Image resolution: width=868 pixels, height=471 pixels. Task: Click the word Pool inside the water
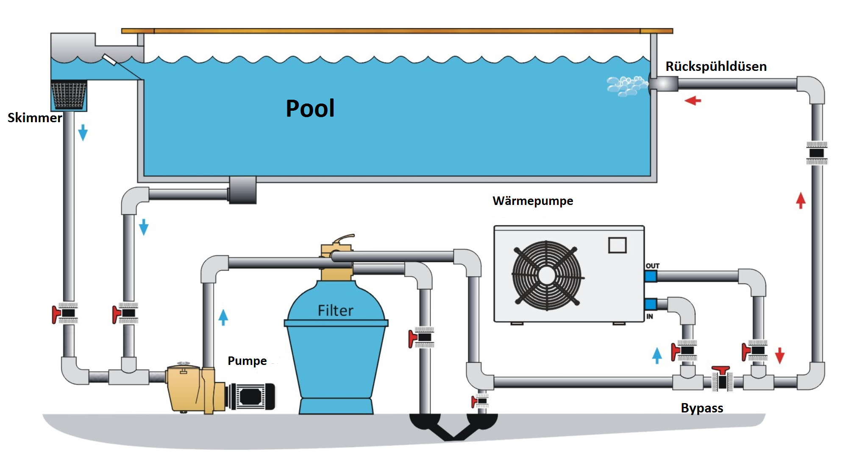tap(310, 108)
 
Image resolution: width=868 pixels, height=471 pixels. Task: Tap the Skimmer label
tap(35, 118)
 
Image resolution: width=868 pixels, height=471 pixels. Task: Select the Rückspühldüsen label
tap(716, 66)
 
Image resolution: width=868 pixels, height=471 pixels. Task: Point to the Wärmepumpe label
tap(533, 201)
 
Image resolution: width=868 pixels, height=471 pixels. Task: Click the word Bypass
tap(702, 408)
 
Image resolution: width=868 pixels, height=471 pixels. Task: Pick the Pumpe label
tap(247, 361)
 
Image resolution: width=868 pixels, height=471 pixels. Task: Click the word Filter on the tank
tap(335, 311)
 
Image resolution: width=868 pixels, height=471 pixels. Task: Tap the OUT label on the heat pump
tap(653, 266)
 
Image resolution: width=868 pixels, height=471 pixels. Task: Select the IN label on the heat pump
tap(650, 317)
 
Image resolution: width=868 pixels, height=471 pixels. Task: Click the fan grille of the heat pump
tap(547, 275)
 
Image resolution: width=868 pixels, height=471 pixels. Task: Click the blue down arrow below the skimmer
tap(83, 132)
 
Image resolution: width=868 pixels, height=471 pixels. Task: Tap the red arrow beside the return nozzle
tap(693, 101)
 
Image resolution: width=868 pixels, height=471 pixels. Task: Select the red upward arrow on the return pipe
tap(801, 200)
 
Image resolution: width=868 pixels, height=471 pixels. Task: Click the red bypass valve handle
tap(721, 370)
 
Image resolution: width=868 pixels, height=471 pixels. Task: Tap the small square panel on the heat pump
tap(617, 245)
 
